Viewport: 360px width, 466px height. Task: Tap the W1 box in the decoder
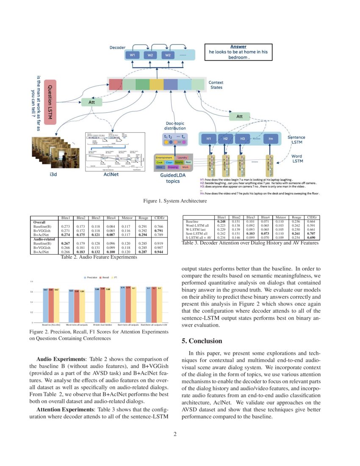pyautogui.click(x=133, y=55)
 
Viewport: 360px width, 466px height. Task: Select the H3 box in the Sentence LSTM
pyautogui.click(x=242, y=139)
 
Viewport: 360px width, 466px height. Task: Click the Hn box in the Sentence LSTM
pyautogui.click(x=271, y=139)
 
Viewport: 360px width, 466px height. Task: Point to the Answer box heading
pyautogui.click(x=238, y=47)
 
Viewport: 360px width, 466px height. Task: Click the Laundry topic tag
pyautogui.click(x=182, y=158)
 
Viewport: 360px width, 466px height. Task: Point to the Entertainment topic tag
pyautogui.click(x=164, y=158)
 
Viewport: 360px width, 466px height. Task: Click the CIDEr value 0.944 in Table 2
pyautogui.click(x=159, y=251)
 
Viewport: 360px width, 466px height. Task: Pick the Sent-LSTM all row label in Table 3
pyautogui.click(x=197, y=233)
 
